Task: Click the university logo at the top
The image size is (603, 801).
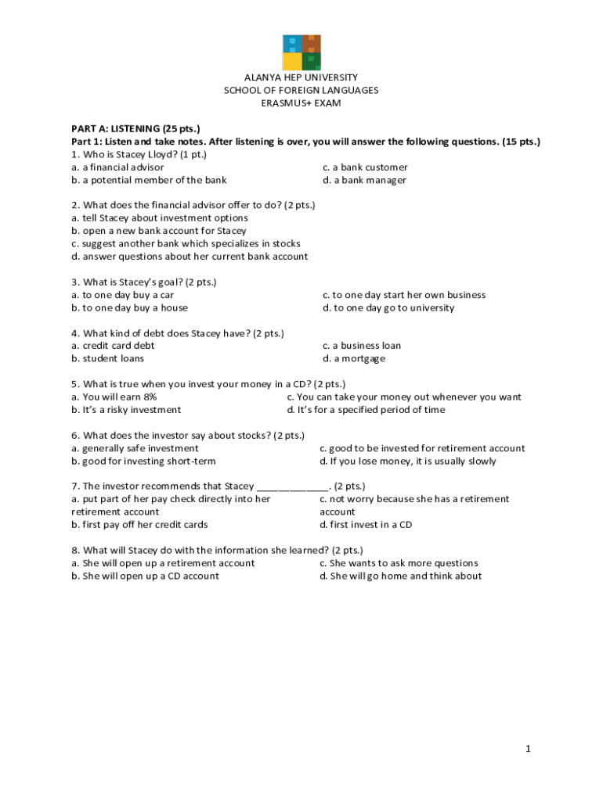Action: pos(301,52)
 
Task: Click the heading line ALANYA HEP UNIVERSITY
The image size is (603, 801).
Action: pos(301,77)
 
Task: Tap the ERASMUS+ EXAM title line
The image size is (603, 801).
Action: pos(301,103)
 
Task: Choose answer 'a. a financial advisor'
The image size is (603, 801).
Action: pos(117,167)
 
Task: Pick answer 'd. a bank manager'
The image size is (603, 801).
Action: pos(364,180)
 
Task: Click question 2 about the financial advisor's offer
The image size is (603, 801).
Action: pos(193,206)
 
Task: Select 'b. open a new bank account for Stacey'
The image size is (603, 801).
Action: pos(159,231)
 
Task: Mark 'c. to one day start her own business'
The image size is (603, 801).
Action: pos(404,295)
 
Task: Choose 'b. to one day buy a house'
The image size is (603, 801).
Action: pos(130,307)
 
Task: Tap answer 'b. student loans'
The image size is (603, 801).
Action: pos(108,358)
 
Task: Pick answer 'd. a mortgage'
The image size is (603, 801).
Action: pos(354,358)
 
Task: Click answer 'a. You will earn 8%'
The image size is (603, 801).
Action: pos(114,397)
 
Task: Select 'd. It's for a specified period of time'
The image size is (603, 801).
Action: pos(366,410)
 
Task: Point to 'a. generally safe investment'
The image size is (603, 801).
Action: pos(135,448)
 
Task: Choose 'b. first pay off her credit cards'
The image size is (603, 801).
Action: pos(139,524)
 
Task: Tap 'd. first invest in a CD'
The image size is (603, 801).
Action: pos(366,524)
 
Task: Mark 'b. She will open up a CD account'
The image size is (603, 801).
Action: pos(145,576)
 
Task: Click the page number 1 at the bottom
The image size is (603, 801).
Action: pos(529,749)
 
